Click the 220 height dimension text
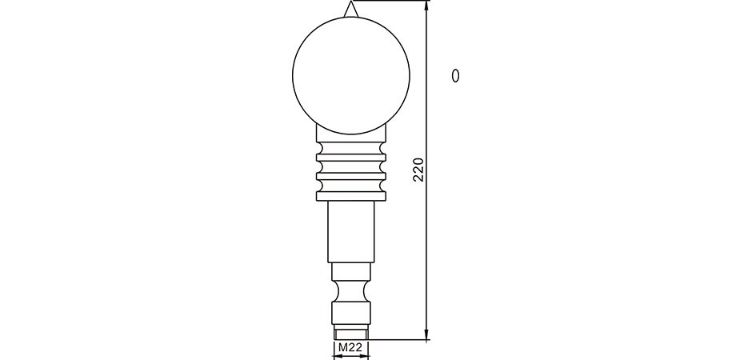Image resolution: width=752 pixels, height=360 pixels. tap(418, 170)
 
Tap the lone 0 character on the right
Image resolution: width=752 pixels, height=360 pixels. tap(456, 76)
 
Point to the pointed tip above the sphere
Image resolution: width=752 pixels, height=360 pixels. tap(350, 2)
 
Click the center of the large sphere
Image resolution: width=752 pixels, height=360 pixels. tap(351, 75)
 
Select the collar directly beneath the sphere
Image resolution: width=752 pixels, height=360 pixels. tap(351, 134)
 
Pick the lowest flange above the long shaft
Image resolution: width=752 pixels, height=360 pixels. tap(351, 195)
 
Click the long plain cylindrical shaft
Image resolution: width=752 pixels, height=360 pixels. tap(351, 231)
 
